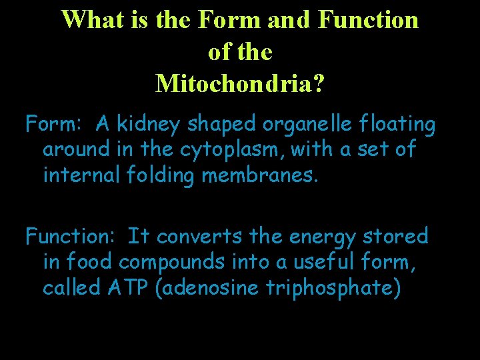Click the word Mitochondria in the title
(240, 83)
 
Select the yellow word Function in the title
(368, 20)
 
